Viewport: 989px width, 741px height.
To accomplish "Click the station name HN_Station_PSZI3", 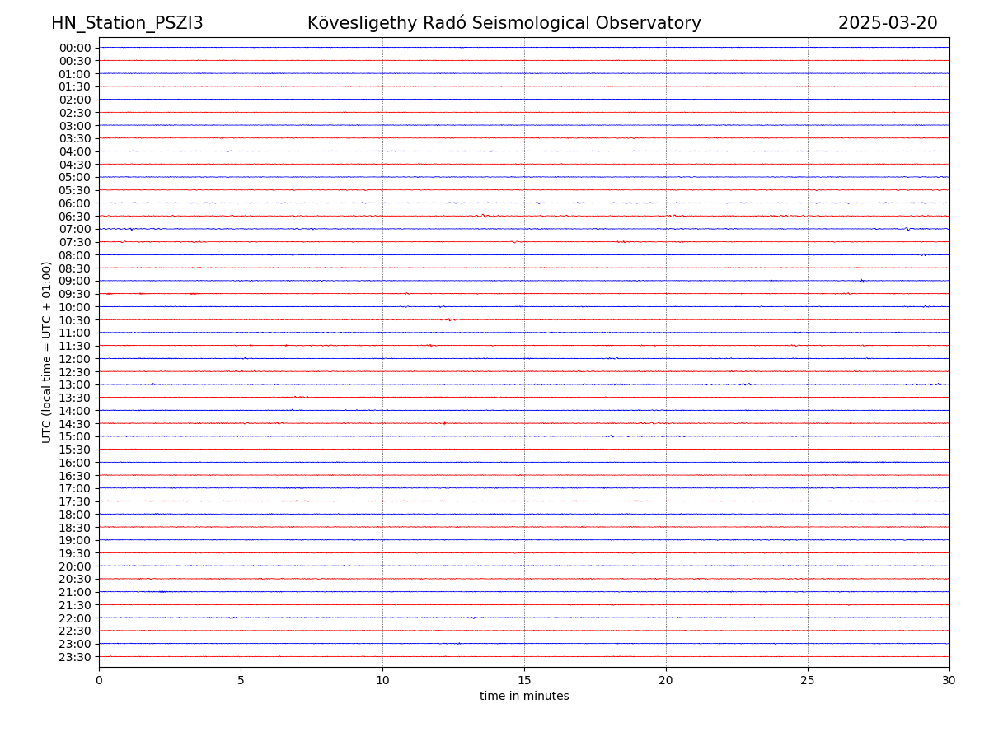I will pos(127,23).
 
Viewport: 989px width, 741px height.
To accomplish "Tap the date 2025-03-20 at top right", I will pos(888,23).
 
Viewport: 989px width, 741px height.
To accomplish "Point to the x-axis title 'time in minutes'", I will pos(524,697).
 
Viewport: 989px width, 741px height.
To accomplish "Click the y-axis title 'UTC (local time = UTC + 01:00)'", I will pos(47,352).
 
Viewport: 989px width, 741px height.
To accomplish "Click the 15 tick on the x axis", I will pos(524,680).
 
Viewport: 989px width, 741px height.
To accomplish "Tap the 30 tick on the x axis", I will pos(949,680).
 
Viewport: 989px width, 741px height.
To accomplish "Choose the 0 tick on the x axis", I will pos(99,680).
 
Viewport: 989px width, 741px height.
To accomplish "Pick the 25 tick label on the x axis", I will pos(808,680).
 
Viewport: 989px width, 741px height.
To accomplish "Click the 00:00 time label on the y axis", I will pos(75,48).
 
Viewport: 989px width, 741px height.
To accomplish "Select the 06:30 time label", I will pos(75,217).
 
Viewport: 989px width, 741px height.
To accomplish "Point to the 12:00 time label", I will pos(75,359).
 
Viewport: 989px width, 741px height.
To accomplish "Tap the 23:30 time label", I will pos(75,657).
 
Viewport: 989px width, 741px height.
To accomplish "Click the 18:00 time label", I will pos(75,515).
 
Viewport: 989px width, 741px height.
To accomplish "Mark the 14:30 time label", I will pos(75,424).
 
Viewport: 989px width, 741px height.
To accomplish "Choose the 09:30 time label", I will pos(75,294).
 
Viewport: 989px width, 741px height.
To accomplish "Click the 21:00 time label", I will pos(75,592).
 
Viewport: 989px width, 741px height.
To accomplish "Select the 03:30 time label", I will pos(75,138).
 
